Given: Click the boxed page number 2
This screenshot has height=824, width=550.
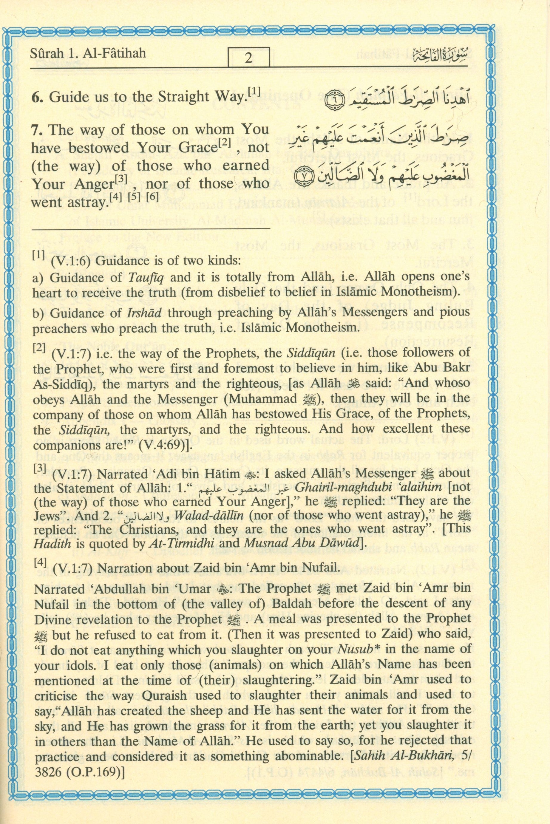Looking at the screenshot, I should click(249, 58).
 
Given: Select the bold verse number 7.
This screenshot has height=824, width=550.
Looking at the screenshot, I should click(38, 130).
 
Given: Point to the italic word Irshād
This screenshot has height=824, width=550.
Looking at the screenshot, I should click(145, 313).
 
